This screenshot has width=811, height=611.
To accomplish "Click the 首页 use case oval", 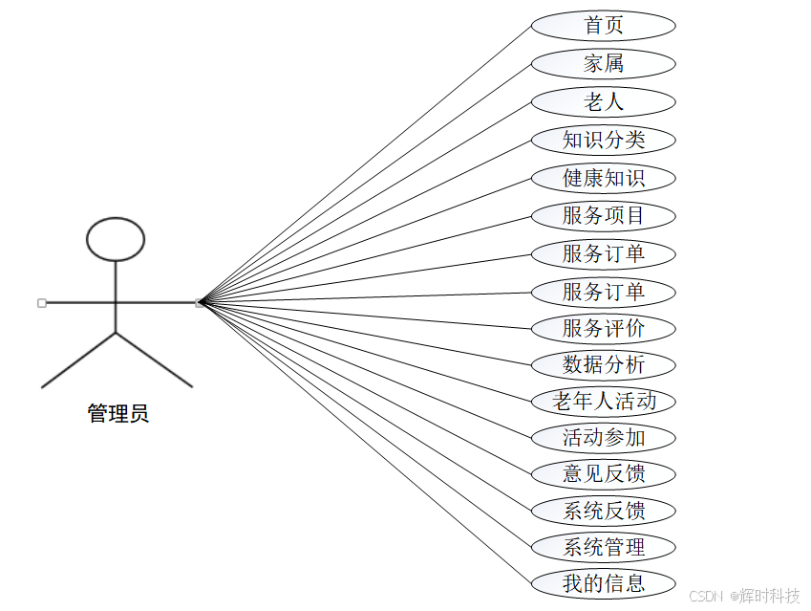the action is click(x=603, y=26).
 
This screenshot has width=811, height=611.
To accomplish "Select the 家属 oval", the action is click(x=603, y=64).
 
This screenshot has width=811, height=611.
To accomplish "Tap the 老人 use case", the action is click(x=603, y=101).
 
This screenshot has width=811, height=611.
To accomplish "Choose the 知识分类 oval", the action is click(x=603, y=140).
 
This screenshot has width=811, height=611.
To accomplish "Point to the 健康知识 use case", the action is click(x=603, y=178).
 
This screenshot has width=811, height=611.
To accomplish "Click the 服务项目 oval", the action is click(x=603, y=216).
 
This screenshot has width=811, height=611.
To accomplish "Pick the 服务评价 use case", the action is click(x=603, y=329).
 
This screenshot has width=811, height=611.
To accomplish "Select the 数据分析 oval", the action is click(x=603, y=364).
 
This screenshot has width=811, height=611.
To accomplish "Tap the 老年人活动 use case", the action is click(x=604, y=402).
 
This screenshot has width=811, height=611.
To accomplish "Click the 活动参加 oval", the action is click(x=603, y=438).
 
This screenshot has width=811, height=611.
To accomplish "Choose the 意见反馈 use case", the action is click(x=603, y=473).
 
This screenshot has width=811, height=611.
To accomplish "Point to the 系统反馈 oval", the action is click(x=603, y=511).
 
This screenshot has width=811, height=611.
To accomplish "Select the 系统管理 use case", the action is click(x=603, y=547).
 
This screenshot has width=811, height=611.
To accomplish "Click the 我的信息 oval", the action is click(x=603, y=582).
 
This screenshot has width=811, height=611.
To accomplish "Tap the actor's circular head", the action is click(x=116, y=239).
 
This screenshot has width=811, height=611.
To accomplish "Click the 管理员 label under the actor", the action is click(x=117, y=414).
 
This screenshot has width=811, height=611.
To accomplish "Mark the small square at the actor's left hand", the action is click(x=42, y=303).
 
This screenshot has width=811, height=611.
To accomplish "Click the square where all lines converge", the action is click(x=199, y=303).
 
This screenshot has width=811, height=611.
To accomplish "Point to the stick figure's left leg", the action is click(x=77, y=360).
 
